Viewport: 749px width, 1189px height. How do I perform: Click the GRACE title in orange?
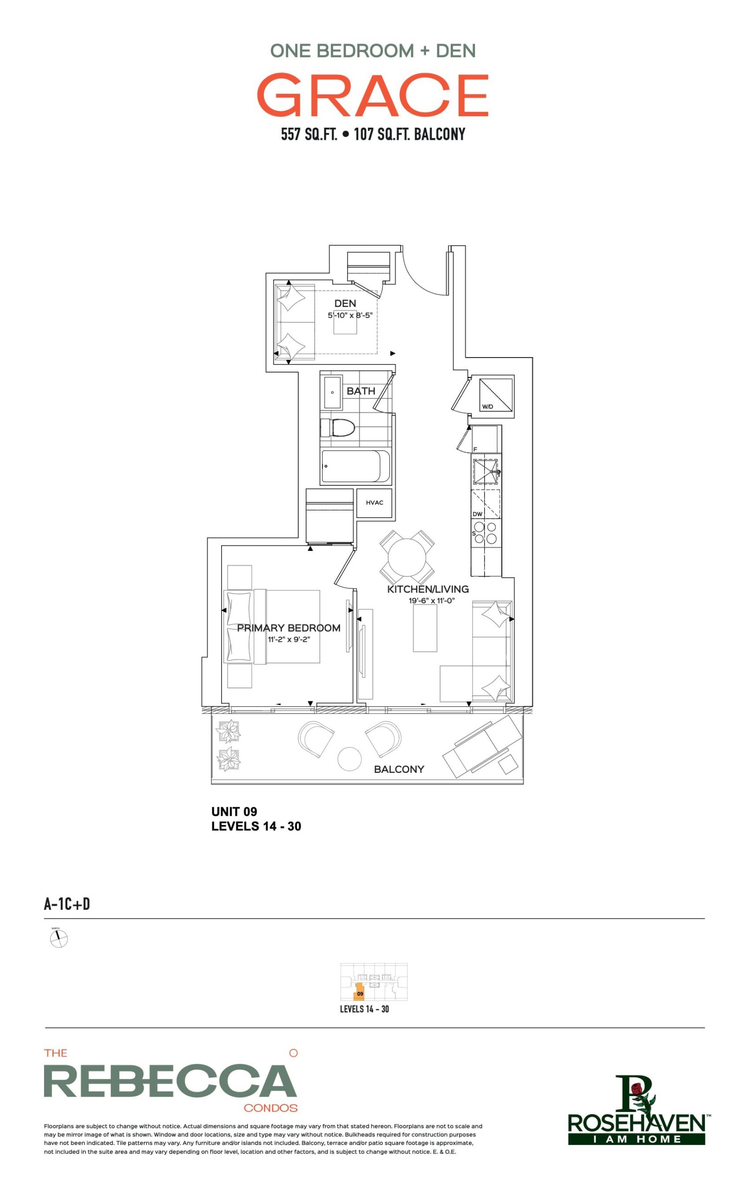point(373,95)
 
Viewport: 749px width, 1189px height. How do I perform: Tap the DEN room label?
point(345,303)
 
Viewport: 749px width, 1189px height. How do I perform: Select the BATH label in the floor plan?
point(361,391)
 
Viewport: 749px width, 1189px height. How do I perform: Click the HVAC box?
point(374,503)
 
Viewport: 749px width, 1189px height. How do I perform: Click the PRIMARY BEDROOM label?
point(289,628)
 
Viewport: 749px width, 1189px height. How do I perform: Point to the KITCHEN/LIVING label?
point(428,589)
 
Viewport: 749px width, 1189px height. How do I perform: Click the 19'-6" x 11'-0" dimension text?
point(431,601)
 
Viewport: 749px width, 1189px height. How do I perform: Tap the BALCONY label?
point(399,769)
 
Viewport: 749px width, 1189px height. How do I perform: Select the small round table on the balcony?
point(349,759)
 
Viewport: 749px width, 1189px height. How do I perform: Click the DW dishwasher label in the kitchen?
point(477,514)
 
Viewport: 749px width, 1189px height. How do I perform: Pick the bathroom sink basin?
point(333,392)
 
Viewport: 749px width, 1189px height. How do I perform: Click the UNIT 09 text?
point(234,812)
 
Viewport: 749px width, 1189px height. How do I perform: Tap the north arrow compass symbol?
point(59,938)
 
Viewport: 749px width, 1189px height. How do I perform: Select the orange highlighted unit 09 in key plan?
point(359,993)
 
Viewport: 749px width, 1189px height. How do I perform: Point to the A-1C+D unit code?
point(67,904)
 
